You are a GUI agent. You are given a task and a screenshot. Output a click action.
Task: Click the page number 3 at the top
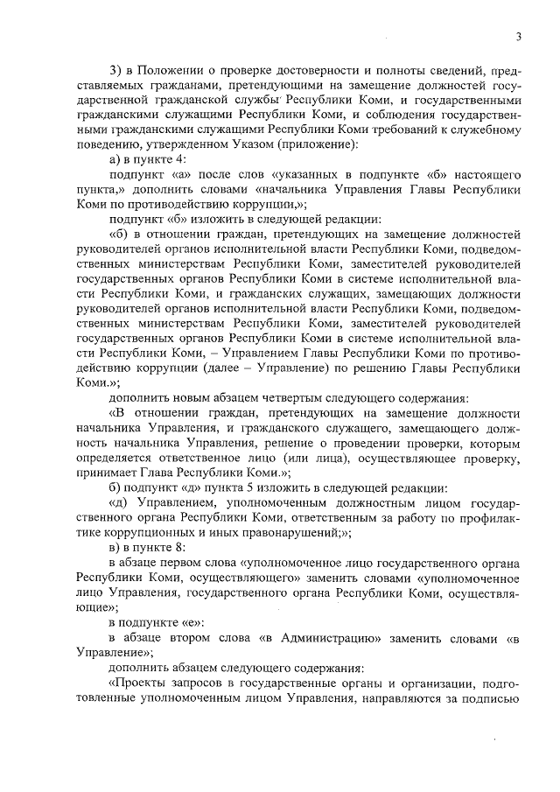pos(519,36)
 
